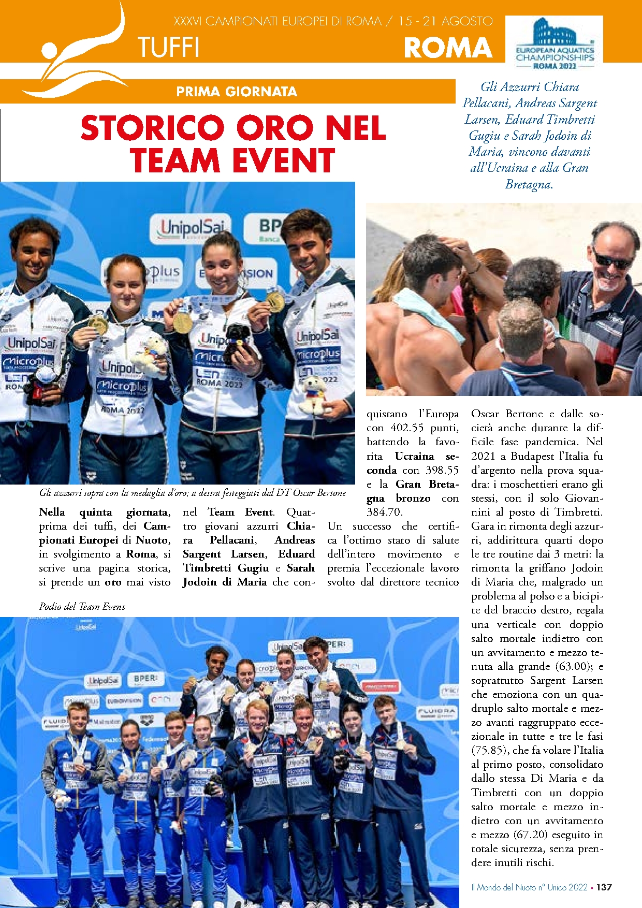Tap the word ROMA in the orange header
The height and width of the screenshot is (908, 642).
pos(448,48)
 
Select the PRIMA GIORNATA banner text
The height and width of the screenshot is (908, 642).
pos(236,92)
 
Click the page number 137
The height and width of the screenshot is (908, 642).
pos(604,887)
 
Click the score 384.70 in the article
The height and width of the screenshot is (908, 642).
pos(384,512)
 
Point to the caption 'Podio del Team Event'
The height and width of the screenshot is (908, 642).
pos(82,606)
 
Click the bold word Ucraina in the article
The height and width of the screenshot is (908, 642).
pos(414,456)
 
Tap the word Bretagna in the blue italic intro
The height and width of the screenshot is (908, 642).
pos(528,184)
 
